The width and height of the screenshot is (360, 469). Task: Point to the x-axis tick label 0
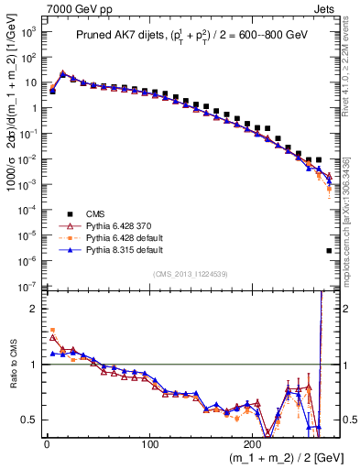[46, 445]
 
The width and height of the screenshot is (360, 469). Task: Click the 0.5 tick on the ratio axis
[31, 420]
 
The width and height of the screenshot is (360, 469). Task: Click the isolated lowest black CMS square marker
[328, 250]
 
